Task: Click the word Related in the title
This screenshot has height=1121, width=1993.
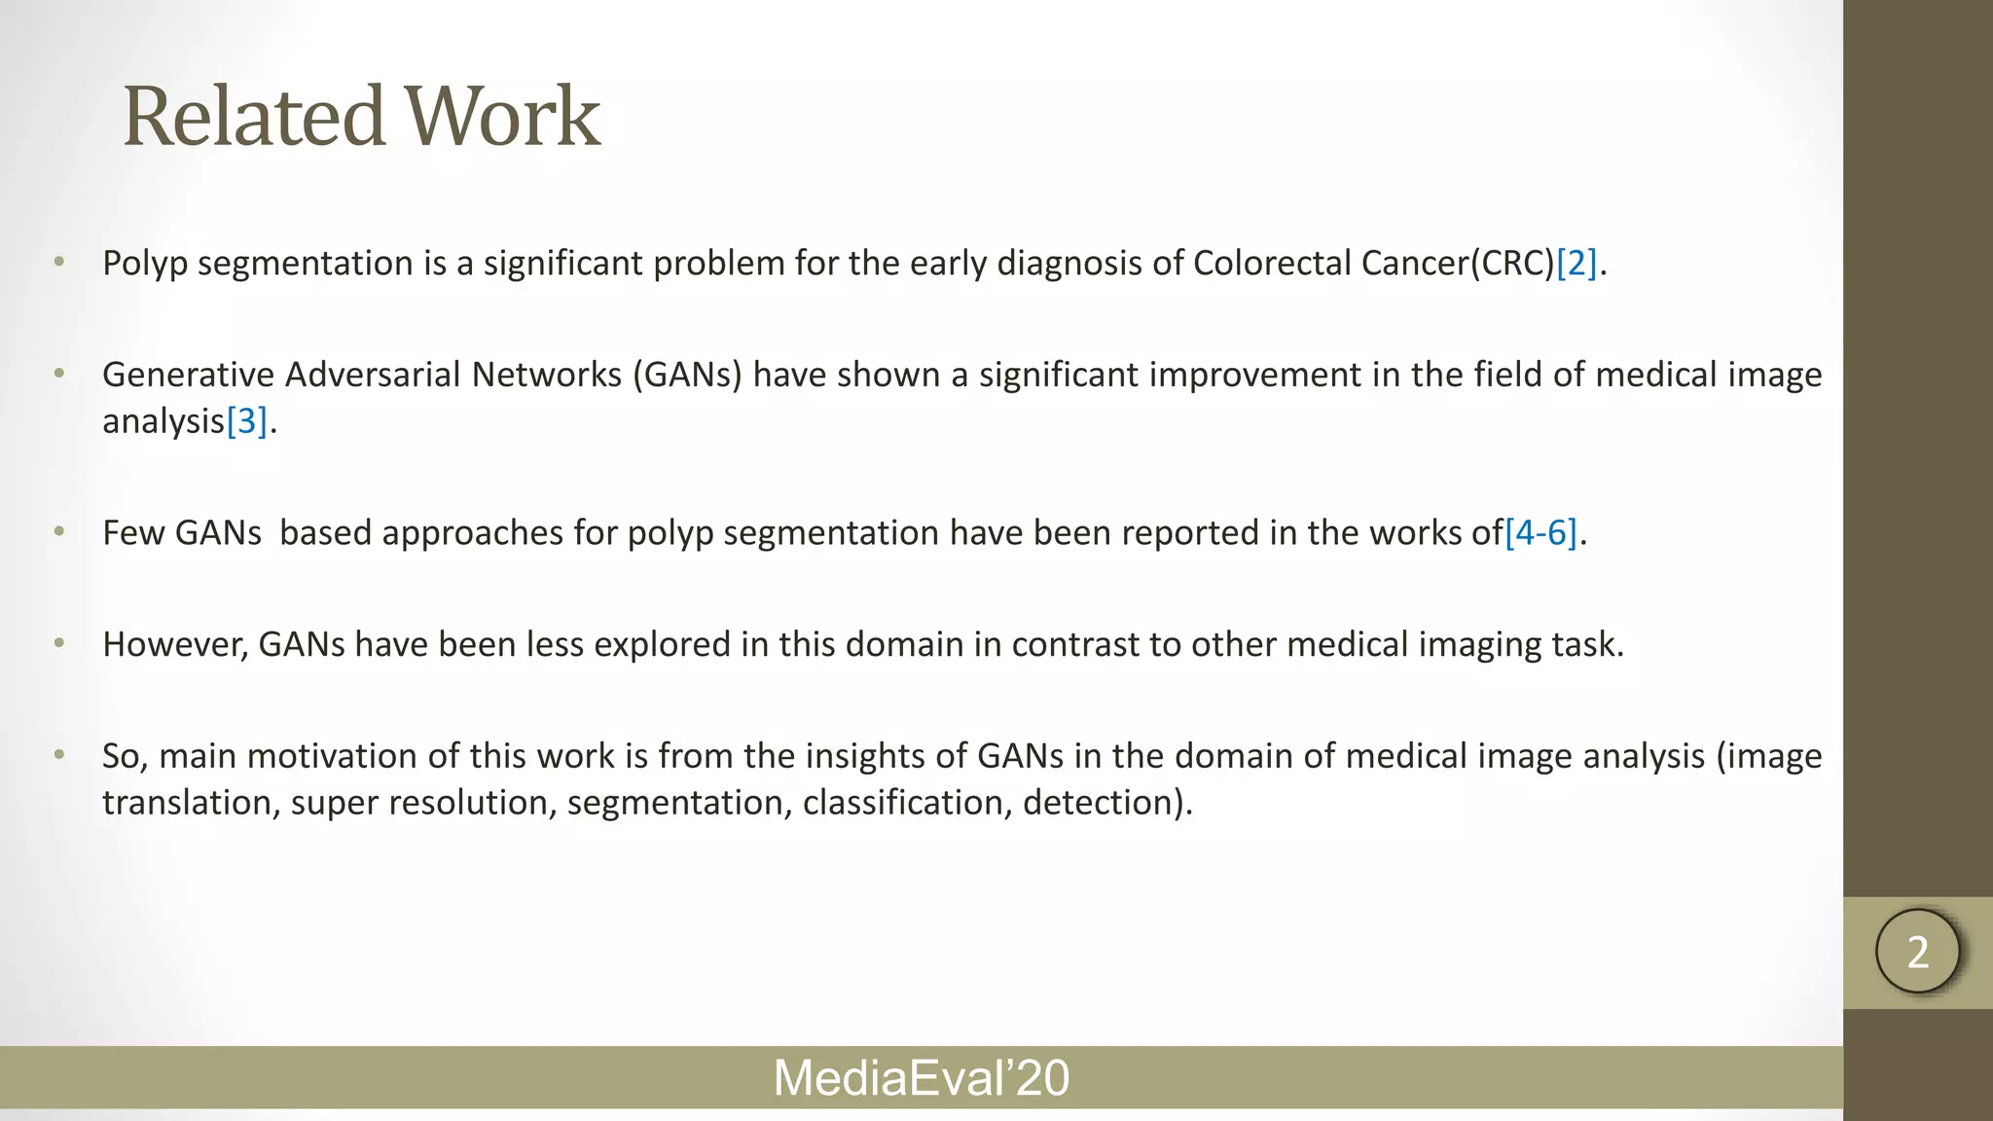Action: pyautogui.click(x=253, y=116)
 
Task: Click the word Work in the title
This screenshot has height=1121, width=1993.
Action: pyautogui.click(x=502, y=116)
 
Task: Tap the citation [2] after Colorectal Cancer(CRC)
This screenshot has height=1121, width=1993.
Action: pyautogui.click(x=1576, y=264)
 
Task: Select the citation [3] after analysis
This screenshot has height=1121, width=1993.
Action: pyautogui.click(x=246, y=421)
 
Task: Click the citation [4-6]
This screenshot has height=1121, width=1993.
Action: pyautogui.click(x=1540, y=533)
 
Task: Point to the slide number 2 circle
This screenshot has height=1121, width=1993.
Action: pyautogui.click(x=1917, y=952)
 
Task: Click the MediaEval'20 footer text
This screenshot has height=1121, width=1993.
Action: pyautogui.click(x=921, y=1078)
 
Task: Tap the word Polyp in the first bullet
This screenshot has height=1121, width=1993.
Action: pyautogui.click(x=145, y=264)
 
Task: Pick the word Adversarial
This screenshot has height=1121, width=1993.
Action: pyautogui.click(x=374, y=375)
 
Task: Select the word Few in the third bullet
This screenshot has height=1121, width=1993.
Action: pyautogui.click(x=133, y=533)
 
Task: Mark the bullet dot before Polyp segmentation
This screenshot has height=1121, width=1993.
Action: pyautogui.click(x=59, y=262)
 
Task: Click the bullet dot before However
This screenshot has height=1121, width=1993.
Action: pyautogui.click(x=59, y=643)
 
